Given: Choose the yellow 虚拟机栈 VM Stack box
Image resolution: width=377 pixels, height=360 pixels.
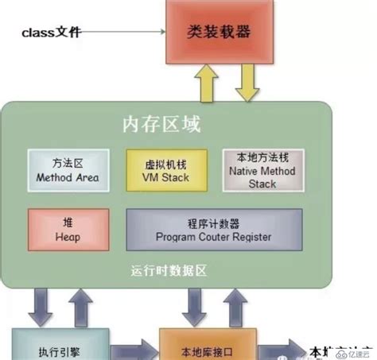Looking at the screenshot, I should (167, 169).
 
